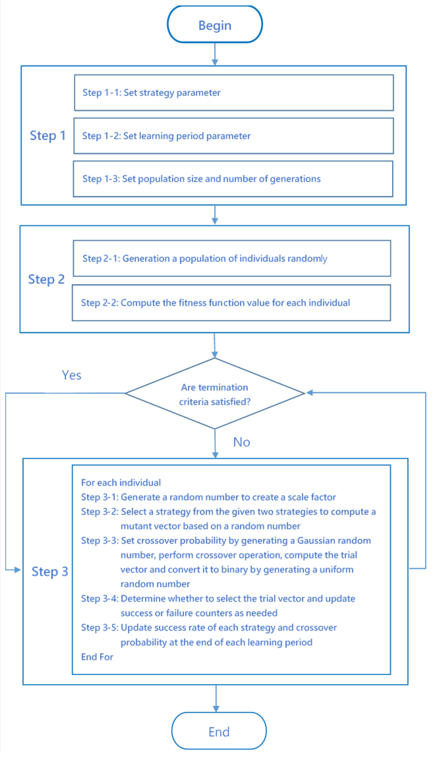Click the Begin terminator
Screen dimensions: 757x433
point(215,25)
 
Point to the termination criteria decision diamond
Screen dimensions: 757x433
point(215,394)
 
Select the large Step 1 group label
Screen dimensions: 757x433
point(48,136)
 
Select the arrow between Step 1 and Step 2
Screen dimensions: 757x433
point(215,215)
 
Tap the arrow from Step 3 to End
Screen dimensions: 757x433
point(216,699)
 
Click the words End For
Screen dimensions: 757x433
point(97,657)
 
